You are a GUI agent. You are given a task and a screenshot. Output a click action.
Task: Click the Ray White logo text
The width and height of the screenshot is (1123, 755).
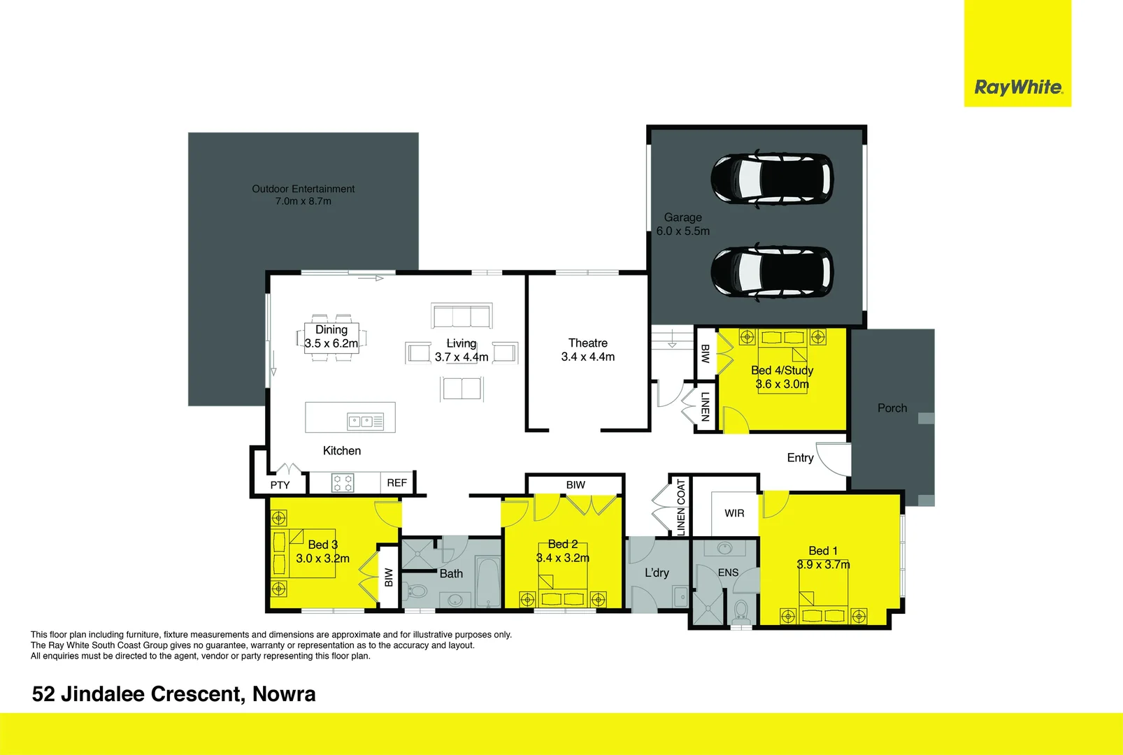[x=1018, y=87]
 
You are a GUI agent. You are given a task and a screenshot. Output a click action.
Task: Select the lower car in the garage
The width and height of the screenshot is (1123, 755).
[x=772, y=272]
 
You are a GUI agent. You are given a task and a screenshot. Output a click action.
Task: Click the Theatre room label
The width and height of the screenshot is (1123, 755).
[x=587, y=343]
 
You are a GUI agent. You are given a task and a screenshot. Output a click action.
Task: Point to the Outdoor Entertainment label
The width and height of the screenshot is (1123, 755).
[x=303, y=189]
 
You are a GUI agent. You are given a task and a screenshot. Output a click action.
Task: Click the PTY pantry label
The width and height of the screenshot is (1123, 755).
[x=280, y=484]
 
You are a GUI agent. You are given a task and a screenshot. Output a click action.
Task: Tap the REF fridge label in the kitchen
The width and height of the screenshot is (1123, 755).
[x=396, y=483]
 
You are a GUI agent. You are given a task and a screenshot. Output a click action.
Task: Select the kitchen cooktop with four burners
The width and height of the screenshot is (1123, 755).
[x=343, y=482]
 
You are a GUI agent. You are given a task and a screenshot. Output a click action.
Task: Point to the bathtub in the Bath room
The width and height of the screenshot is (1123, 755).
[x=487, y=582]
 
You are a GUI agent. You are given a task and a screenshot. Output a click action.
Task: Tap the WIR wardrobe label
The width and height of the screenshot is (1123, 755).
[x=734, y=513]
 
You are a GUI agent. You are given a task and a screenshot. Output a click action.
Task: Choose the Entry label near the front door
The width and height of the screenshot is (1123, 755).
[x=800, y=458]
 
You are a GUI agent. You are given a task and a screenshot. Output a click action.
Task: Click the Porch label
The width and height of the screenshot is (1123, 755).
[x=892, y=408]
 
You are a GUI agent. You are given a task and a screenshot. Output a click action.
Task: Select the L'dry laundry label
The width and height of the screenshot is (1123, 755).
[x=657, y=573]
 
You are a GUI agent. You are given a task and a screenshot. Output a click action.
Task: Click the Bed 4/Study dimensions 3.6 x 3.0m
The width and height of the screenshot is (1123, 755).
[x=782, y=384]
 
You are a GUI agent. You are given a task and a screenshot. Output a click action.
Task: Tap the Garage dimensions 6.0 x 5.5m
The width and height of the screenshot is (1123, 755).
[x=682, y=231]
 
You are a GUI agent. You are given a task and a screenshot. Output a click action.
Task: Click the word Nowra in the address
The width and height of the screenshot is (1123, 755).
[x=284, y=694]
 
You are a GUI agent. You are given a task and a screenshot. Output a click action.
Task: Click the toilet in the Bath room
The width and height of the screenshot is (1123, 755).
[x=417, y=591]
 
